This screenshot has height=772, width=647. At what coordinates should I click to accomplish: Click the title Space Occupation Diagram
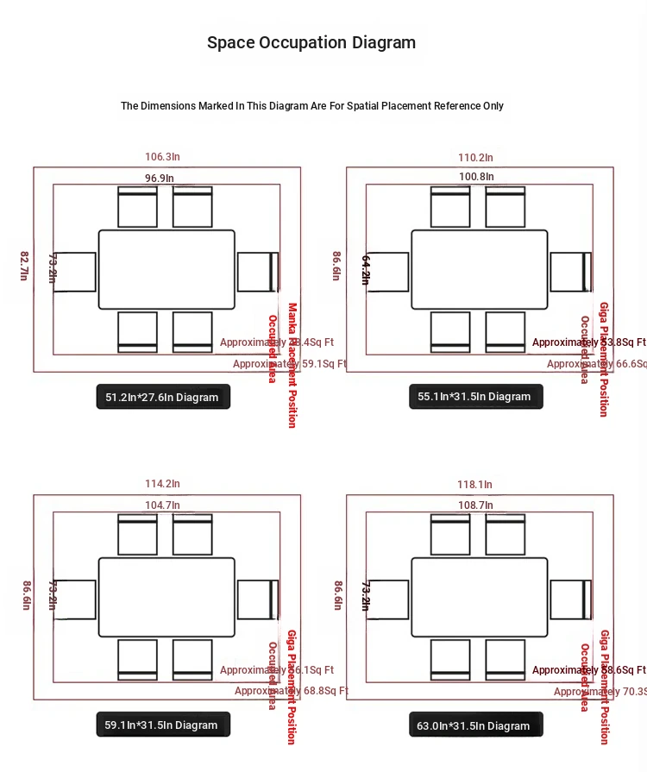(x=311, y=42)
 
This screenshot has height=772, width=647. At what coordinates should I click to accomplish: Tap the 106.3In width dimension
(x=162, y=157)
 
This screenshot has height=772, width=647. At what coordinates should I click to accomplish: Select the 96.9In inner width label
(x=159, y=178)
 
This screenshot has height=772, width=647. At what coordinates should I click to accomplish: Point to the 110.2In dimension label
(x=475, y=157)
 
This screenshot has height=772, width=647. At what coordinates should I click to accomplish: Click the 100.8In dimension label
(x=476, y=177)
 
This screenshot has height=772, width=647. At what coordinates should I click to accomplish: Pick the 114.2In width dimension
(x=162, y=484)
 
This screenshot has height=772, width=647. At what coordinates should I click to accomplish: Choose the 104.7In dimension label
(x=162, y=505)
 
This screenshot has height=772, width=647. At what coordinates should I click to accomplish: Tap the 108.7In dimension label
(x=476, y=505)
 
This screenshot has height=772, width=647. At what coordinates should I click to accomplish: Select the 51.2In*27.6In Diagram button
(x=163, y=398)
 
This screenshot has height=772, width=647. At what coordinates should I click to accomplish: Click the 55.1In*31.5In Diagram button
(x=475, y=397)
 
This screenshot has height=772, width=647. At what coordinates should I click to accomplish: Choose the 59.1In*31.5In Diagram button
(x=163, y=725)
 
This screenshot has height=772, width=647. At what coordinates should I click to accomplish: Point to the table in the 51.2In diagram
(x=166, y=269)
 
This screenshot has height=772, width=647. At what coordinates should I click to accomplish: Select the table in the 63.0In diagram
(x=479, y=597)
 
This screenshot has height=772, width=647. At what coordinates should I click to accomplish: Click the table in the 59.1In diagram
(x=166, y=597)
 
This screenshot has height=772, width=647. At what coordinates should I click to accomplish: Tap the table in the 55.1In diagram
(x=479, y=269)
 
